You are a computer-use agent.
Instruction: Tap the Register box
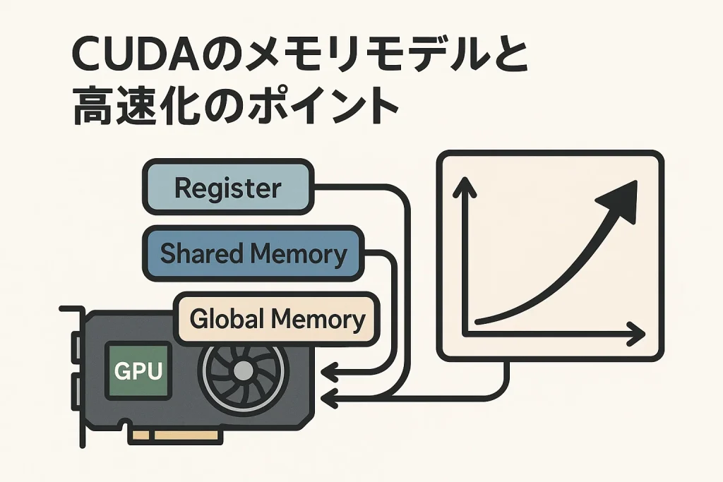click(227, 188)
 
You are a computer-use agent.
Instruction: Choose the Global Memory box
click(277, 320)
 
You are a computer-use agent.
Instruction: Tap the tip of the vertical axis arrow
click(464, 181)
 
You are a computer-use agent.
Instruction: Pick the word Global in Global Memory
click(227, 320)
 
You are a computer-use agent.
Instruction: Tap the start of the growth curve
click(479, 322)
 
